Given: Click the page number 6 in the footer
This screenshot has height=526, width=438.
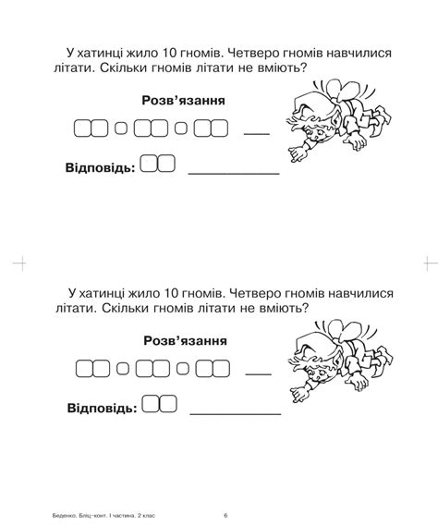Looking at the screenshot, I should [x=225, y=515].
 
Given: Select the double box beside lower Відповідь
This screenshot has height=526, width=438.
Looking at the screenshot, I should [x=160, y=405].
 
